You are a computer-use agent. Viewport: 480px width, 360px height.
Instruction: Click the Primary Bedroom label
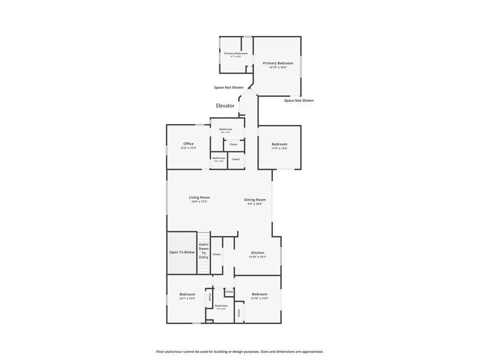(278, 63)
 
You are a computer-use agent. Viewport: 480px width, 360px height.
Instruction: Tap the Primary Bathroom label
(236, 53)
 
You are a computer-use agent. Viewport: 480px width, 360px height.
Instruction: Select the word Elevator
(225, 106)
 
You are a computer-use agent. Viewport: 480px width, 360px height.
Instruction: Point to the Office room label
(188, 144)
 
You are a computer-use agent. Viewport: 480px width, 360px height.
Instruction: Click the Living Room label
(199, 197)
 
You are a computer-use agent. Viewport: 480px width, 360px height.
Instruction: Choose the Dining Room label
(255, 200)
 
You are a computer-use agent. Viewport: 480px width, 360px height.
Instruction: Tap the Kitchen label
(257, 253)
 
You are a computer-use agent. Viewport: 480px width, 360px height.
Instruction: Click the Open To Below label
(182, 252)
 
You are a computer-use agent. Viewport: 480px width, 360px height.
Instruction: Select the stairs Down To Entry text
(203, 251)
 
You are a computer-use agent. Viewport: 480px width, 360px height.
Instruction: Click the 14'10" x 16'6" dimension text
(278, 67)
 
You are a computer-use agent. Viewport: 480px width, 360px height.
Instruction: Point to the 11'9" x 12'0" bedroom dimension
(279, 149)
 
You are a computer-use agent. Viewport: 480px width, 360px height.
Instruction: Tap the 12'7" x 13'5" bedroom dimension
(187, 299)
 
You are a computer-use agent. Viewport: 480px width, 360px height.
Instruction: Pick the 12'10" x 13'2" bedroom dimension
(259, 299)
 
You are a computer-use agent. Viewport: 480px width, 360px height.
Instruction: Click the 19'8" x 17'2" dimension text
(199, 202)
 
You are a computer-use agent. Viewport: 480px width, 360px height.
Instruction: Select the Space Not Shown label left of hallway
(229, 88)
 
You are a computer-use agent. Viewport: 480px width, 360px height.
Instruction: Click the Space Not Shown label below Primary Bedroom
(299, 100)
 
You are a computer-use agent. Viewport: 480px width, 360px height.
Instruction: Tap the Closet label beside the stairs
(217, 255)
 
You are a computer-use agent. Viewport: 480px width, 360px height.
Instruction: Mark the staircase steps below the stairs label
(203, 267)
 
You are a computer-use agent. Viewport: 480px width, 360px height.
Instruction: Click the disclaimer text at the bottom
(240, 352)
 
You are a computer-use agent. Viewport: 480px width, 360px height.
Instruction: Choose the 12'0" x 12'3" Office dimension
(188, 148)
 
